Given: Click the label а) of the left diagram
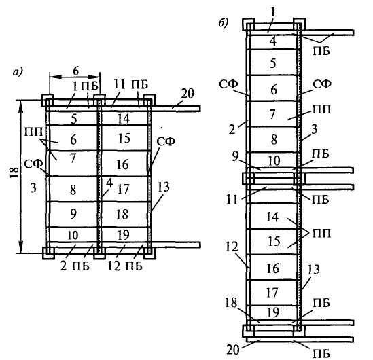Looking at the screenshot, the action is (x=18, y=72).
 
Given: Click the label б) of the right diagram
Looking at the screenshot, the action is (x=224, y=23).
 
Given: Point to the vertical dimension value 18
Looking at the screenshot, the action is (x=14, y=173).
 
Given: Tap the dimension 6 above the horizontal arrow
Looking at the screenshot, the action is (x=75, y=71).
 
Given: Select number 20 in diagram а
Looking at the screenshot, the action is (x=188, y=94).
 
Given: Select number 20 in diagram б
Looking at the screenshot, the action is (x=233, y=350).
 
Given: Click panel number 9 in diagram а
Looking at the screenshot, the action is (x=73, y=214).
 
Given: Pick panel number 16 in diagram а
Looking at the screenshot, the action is (x=123, y=164).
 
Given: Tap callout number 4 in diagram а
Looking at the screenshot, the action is (x=109, y=183).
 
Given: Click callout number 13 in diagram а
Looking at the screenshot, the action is (x=163, y=187).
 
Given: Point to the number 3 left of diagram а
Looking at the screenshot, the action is (x=33, y=188).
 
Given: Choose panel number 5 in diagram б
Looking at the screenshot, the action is (x=273, y=63).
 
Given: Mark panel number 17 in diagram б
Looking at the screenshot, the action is (x=272, y=293).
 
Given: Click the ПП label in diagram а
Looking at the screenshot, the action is (x=33, y=132).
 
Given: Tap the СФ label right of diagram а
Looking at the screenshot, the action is (x=166, y=142).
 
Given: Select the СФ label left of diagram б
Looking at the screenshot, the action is (x=228, y=84).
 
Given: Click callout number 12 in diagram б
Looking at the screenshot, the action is (x=232, y=247).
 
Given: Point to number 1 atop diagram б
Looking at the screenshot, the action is (x=273, y=12).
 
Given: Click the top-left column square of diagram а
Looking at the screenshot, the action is (x=48, y=100).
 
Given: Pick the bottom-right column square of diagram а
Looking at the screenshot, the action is (x=149, y=253).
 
